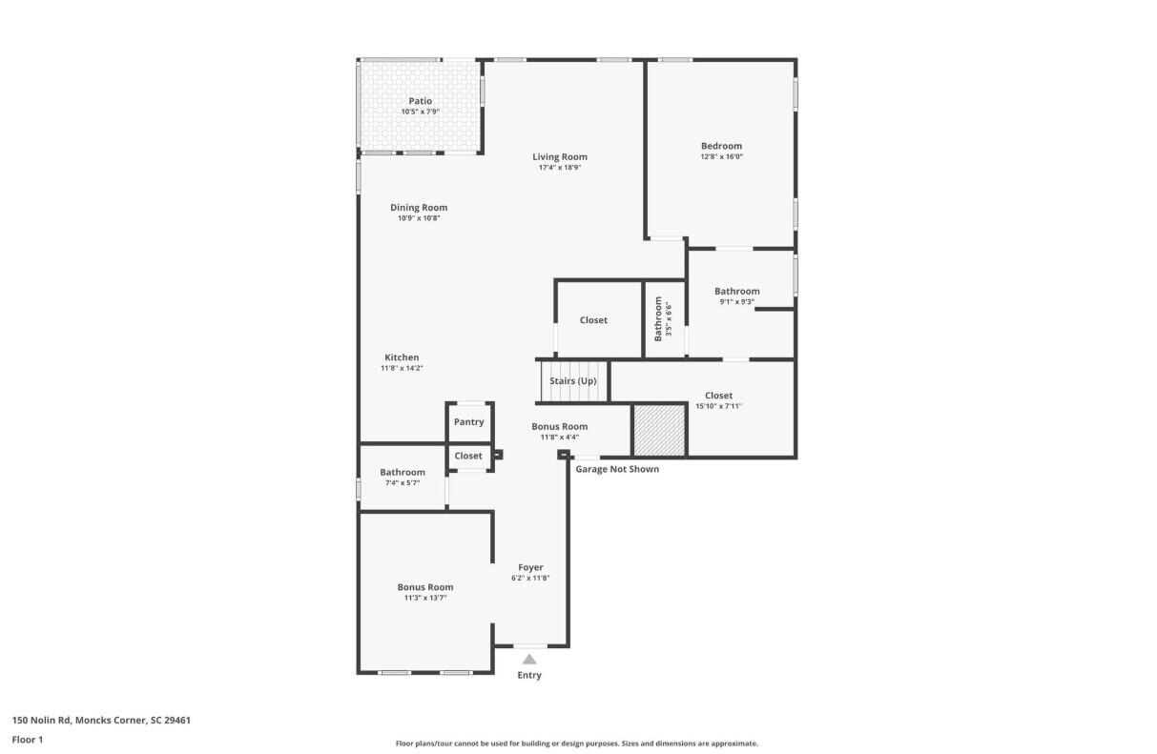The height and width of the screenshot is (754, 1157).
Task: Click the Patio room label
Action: [420, 101]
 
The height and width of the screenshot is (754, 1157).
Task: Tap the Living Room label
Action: [560, 156]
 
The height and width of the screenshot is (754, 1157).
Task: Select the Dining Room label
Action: [419, 208]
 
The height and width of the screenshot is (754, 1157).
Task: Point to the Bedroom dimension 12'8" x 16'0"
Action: [721, 156]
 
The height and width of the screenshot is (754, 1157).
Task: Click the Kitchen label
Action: [402, 357]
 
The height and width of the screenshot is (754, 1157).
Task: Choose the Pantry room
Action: [469, 421]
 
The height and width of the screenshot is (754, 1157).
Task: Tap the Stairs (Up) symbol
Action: [573, 381]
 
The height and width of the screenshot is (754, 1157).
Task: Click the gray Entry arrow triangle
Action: [529, 659]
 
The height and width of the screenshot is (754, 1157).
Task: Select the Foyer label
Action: [530, 567]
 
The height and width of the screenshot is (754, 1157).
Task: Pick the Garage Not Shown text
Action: [617, 469]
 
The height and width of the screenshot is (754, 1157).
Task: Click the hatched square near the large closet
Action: [659, 430]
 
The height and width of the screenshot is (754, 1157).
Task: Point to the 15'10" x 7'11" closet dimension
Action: [718, 406]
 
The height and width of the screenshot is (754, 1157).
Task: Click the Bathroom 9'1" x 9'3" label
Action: [737, 292]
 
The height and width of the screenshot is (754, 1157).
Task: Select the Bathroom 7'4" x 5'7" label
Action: [403, 472]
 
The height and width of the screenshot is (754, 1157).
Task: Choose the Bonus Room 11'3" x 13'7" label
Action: [425, 587]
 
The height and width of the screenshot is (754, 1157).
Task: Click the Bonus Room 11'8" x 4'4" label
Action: [560, 427]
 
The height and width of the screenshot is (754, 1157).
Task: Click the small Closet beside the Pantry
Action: [468, 456]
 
